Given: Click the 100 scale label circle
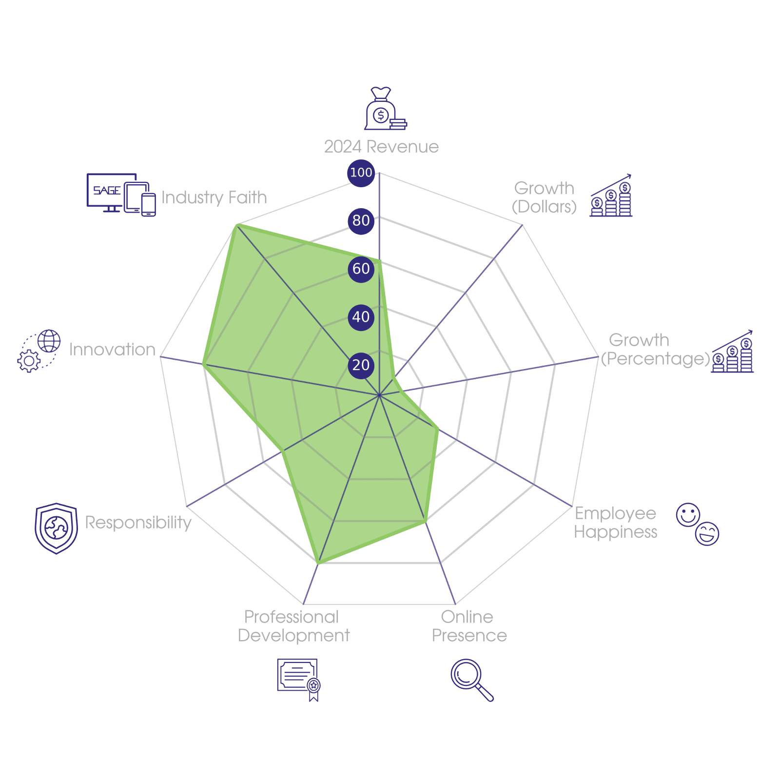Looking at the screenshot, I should [x=361, y=173].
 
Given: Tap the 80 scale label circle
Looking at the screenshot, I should [x=361, y=220].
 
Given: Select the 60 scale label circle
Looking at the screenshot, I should [x=361, y=269].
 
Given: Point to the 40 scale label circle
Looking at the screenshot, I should [x=361, y=317].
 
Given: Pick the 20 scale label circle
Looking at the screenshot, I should [x=361, y=365].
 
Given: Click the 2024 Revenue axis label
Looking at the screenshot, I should [x=381, y=147].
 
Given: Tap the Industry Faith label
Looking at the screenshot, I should [x=214, y=197].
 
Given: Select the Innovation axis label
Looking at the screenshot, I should [x=112, y=350].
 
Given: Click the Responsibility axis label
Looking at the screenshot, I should [x=138, y=523].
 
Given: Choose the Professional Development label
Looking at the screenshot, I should [x=293, y=626].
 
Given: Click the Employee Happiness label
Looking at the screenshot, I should [x=615, y=523].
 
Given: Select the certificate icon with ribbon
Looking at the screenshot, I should [x=298, y=679].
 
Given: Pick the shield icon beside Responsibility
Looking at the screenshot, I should [x=56, y=528].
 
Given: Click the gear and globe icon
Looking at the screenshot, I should [x=39, y=351].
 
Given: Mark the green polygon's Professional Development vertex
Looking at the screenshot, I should [x=318, y=564].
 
